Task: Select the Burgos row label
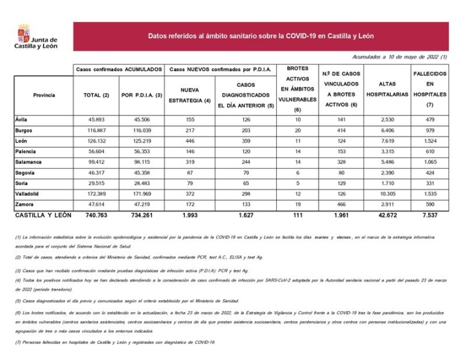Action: (x=25, y=130)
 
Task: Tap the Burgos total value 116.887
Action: (x=96, y=130)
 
